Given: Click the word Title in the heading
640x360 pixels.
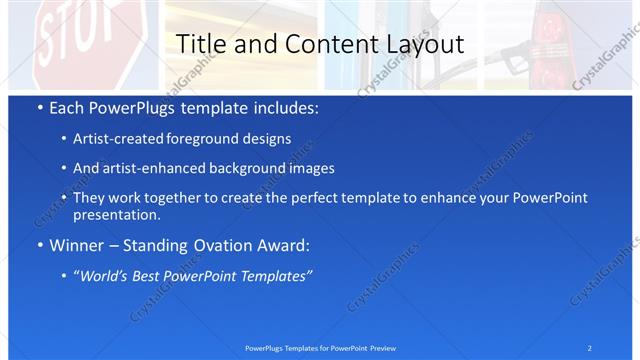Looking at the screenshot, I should click(x=200, y=45).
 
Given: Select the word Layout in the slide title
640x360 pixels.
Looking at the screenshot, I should click(x=424, y=45).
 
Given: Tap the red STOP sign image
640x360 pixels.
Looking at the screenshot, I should click(x=70, y=40).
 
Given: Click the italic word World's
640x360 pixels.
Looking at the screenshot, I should click(x=104, y=276).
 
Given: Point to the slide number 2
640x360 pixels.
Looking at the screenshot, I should click(x=589, y=348).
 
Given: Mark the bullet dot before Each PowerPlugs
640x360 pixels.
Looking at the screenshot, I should click(x=39, y=108).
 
